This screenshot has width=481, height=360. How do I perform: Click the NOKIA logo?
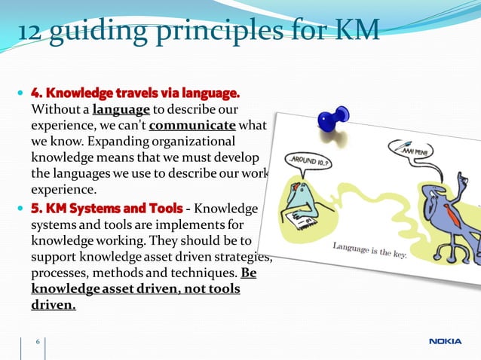click(446, 341)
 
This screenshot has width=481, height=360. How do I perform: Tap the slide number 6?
click(37, 343)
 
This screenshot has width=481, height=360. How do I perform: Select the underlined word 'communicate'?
click(192, 125)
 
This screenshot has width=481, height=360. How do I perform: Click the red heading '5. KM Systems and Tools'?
click(106, 208)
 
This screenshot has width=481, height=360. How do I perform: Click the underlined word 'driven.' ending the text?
click(53, 306)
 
